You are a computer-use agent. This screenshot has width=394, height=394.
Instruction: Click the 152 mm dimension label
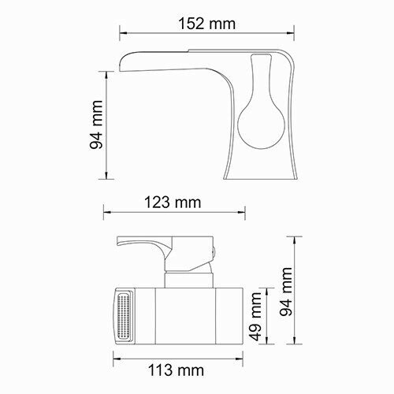coord(206,23)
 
